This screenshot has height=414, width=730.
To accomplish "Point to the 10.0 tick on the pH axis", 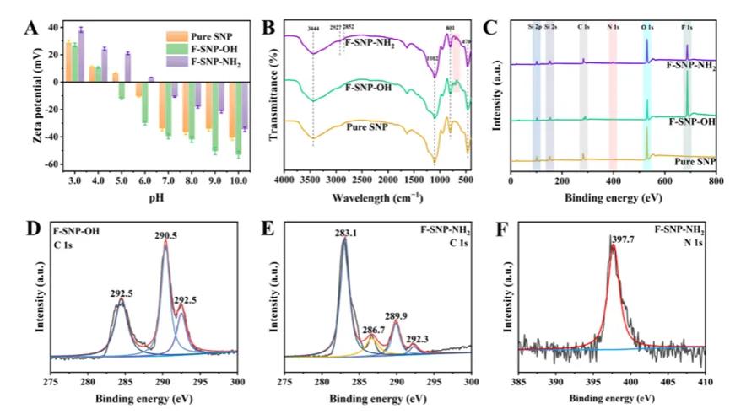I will pos(240,180).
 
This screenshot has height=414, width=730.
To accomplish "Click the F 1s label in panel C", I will pos(688,27).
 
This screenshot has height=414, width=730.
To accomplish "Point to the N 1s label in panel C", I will pos(614,27).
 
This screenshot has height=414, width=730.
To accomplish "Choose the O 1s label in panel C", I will pos(647,27).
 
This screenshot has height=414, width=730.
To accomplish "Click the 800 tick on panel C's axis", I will pos(715,180).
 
